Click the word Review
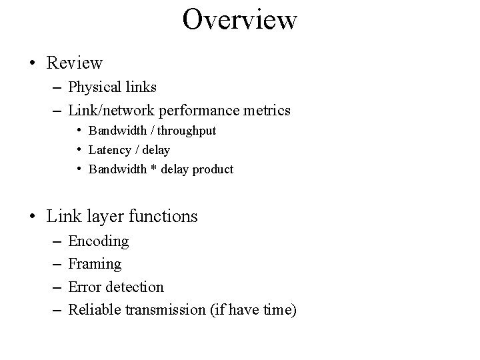(75, 63)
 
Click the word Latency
(109, 150)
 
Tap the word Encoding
(99, 241)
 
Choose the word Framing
(95, 264)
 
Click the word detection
(134, 287)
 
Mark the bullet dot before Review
(33, 64)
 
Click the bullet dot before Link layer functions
(33, 217)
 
